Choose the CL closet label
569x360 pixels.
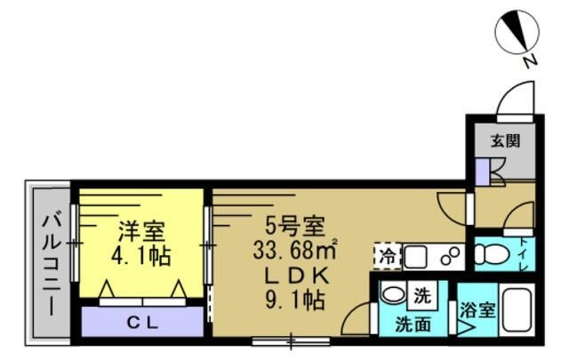tap(142, 321)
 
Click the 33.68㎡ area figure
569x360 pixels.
tap(297, 248)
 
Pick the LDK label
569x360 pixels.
tap(296, 273)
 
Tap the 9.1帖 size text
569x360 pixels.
tap(296, 300)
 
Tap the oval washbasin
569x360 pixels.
tap(392, 293)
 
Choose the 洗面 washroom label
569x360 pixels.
tap(413, 324)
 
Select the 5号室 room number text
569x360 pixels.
tap(296, 224)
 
